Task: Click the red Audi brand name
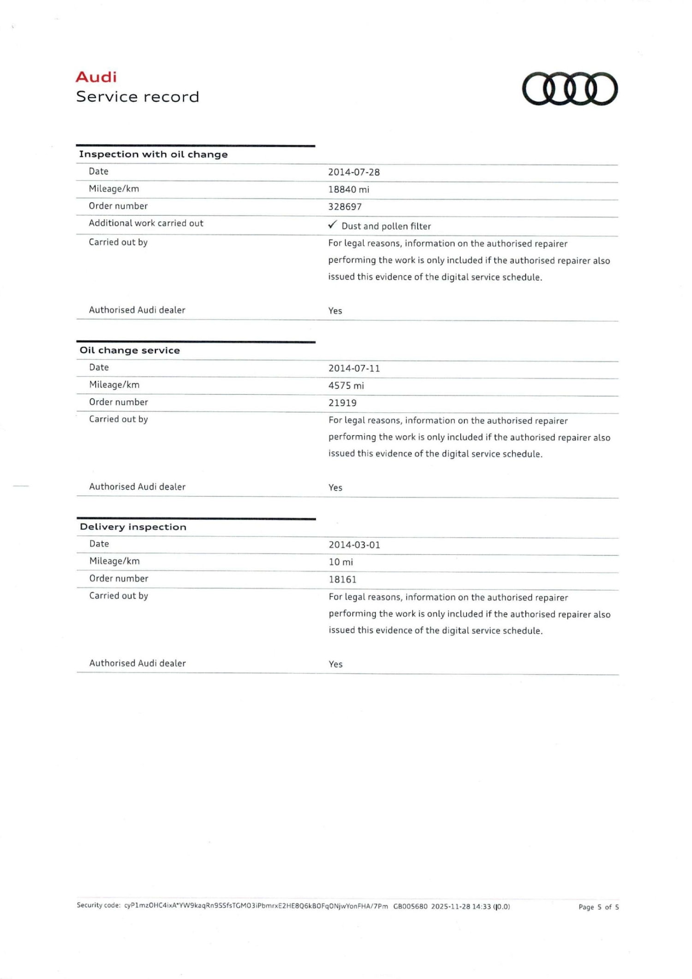click(x=96, y=77)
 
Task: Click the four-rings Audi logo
click(x=570, y=89)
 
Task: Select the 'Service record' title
click(x=137, y=97)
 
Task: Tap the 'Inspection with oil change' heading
click(x=153, y=154)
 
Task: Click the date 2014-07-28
click(x=354, y=172)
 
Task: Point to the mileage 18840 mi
click(x=348, y=190)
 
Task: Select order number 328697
click(x=345, y=207)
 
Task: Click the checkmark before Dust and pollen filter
click(x=332, y=225)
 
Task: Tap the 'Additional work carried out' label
click(x=146, y=223)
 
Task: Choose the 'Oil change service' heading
click(x=130, y=350)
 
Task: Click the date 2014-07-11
click(x=354, y=368)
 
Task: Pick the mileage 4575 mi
click(x=346, y=386)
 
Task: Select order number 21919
click(x=342, y=403)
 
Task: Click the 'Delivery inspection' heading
click(x=133, y=527)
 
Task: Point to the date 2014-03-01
click(x=354, y=545)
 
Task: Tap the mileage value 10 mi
click(x=340, y=562)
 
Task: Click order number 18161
click(x=342, y=580)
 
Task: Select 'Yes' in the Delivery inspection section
click(x=335, y=665)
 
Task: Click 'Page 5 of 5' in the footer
click(x=598, y=907)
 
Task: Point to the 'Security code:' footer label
click(x=98, y=905)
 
